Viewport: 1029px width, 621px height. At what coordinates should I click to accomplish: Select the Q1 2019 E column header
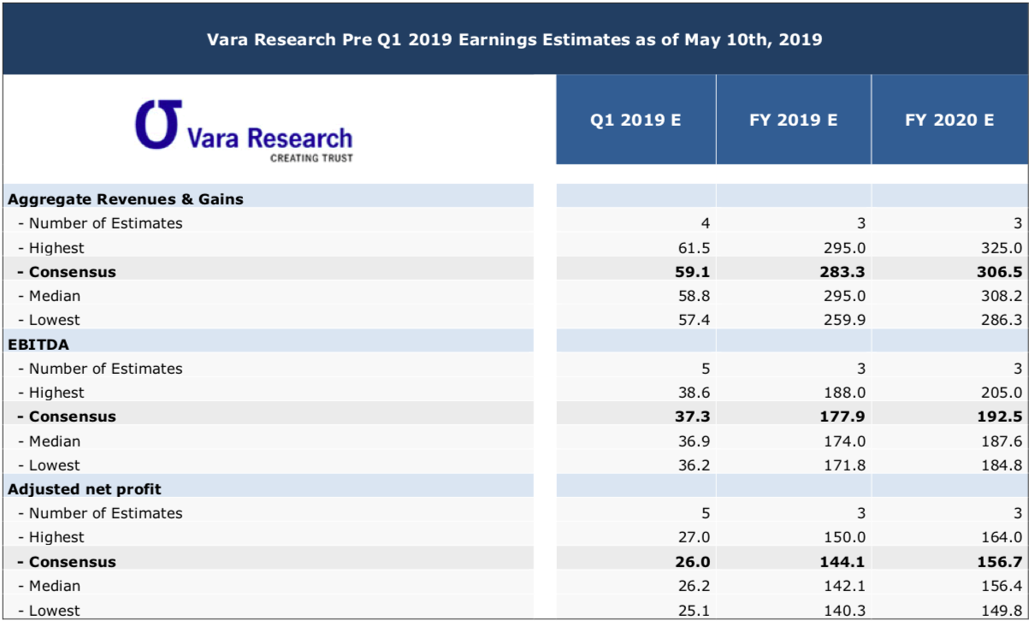click(x=636, y=120)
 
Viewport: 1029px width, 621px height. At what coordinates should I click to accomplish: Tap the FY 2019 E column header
click(x=793, y=120)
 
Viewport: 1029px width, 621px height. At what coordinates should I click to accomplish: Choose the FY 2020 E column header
click(x=949, y=120)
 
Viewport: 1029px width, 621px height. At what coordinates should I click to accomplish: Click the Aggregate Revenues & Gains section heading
click(x=126, y=199)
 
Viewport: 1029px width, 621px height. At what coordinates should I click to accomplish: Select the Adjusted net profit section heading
click(x=85, y=489)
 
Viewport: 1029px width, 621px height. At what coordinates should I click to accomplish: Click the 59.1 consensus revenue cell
click(x=694, y=272)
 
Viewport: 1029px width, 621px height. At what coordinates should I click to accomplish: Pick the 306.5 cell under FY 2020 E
click(x=1003, y=272)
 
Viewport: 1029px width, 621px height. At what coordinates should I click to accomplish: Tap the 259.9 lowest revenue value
click(x=847, y=320)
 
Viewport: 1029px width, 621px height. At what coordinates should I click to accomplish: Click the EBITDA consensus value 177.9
click(x=847, y=417)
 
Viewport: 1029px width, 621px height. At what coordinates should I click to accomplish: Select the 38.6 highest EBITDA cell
click(x=694, y=393)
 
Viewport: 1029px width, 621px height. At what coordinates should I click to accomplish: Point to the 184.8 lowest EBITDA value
click(x=1003, y=465)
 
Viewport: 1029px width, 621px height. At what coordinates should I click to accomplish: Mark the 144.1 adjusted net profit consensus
click(x=847, y=562)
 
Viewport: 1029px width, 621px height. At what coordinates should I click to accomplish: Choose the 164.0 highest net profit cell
click(x=1003, y=537)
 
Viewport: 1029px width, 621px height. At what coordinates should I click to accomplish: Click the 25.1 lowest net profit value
click(x=694, y=611)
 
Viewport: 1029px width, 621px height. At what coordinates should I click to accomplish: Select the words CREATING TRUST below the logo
click(x=311, y=157)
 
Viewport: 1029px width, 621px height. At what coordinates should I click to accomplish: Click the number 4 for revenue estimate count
click(x=705, y=223)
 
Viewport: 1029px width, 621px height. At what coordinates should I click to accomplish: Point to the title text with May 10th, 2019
click(x=514, y=39)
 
